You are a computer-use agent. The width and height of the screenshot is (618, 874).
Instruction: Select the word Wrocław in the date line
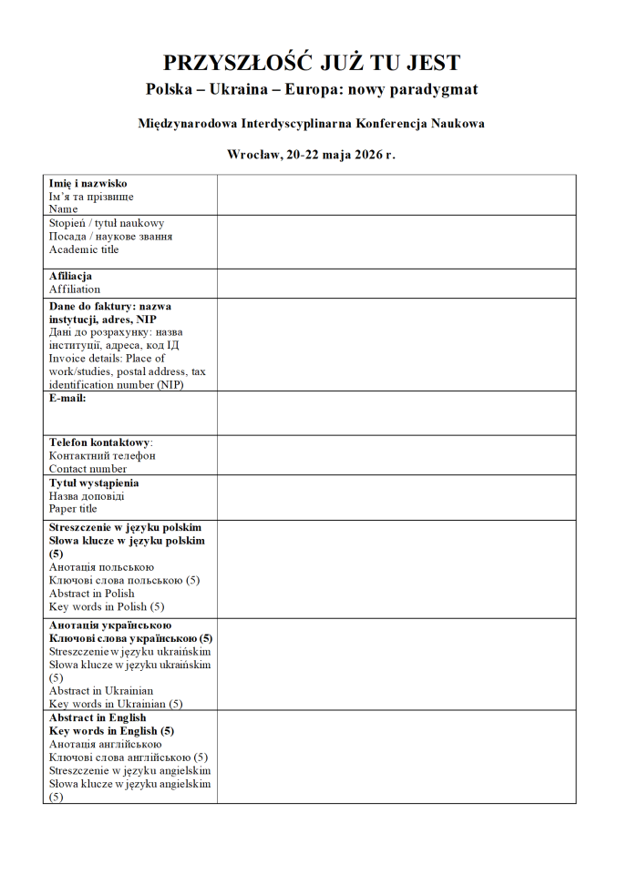coord(252,155)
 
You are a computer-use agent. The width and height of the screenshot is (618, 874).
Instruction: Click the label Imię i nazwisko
coord(88,183)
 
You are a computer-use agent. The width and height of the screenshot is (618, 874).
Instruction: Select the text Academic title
coord(84,249)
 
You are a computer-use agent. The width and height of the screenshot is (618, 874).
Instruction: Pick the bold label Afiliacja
coord(70,276)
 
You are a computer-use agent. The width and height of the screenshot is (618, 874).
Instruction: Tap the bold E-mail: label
coord(67,397)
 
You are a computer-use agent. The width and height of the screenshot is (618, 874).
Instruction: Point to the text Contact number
coord(88,469)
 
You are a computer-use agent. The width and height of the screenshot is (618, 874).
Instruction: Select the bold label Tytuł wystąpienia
coord(94,483)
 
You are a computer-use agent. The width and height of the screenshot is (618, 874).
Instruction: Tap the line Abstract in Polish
coord(92,594)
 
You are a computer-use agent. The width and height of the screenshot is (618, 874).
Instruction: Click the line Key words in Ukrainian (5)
coord(116,704)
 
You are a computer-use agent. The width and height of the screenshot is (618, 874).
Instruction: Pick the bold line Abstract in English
coord(98,717)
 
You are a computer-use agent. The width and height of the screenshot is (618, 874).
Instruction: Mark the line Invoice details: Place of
coord(107,358)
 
